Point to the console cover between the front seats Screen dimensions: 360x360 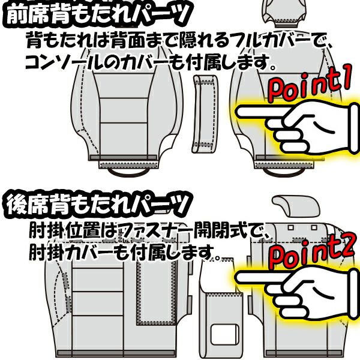pos(205,114)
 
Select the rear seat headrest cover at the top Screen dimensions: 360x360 pos(296,205)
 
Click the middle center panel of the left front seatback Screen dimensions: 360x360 pos(124,110)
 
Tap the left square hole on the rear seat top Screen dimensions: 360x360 pos(291,227)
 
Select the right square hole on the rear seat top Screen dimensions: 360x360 pos(314,227)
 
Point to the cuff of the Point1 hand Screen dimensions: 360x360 pos(354,128)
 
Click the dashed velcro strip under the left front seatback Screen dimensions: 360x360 pos(128,165)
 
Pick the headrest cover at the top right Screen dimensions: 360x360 pos(284,11)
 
